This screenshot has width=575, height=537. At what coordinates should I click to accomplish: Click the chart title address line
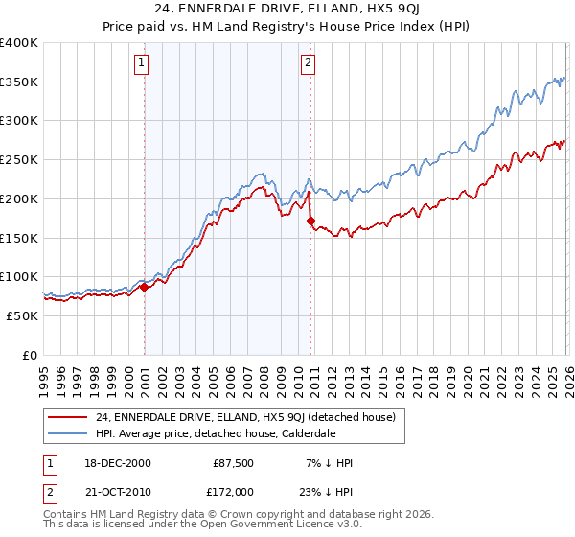tap(287, 10)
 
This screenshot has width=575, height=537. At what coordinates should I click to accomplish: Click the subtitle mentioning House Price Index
tap(287, 28)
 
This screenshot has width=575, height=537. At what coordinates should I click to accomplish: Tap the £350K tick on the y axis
tap(19, 82)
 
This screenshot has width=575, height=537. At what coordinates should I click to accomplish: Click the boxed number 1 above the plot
tap(141, 64)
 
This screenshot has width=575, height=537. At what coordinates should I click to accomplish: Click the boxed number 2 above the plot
tap(308, 64)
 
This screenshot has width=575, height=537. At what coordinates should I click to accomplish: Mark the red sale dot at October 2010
tap(310, 221)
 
